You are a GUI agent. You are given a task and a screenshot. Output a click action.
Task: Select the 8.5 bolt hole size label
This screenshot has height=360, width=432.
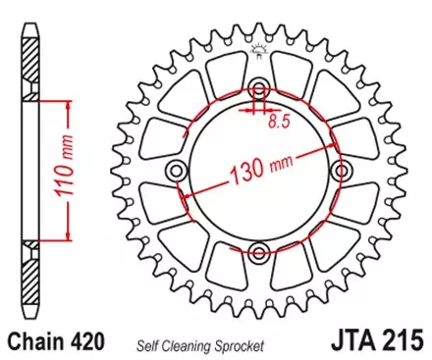(280, 123)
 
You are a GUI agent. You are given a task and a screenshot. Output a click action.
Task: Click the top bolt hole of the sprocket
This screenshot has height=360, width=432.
(258, 85)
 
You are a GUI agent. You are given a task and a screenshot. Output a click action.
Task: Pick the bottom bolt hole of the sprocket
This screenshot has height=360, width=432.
(258, 250)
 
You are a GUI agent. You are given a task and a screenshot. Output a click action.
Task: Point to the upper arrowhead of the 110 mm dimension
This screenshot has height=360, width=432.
(67, 102)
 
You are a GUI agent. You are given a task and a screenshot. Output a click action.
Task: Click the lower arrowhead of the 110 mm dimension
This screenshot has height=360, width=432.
(67, 236)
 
